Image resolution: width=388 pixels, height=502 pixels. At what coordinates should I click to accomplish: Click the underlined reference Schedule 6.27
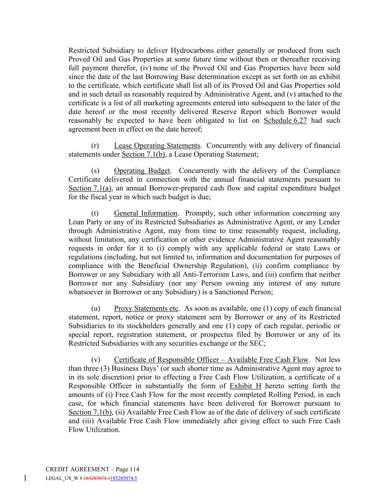point(285,121)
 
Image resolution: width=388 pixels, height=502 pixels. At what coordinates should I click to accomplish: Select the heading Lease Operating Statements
point(157,146)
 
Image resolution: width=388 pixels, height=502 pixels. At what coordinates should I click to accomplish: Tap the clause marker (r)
point(95,146)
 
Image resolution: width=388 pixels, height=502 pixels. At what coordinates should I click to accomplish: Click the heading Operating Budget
point(142,171)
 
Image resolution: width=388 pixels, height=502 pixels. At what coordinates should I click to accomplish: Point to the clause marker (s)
point(95,171)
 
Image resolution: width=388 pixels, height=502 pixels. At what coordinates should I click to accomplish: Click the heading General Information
point(146,213)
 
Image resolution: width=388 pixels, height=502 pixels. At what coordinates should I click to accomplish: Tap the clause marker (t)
point(95,213)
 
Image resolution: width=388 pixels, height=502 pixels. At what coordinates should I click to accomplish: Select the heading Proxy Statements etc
point(146,309)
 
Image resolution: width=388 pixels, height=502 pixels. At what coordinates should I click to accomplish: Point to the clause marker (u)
point(95,309)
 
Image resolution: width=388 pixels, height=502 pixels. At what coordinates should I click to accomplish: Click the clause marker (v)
point(95,360)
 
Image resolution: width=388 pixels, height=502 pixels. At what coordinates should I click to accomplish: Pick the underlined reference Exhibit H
point(245,386)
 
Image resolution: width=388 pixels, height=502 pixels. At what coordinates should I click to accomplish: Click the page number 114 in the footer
point(134,469)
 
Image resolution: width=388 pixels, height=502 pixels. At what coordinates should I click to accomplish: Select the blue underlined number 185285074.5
point(124,478)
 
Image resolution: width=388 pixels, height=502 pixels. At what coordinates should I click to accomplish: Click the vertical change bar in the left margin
point(25,478)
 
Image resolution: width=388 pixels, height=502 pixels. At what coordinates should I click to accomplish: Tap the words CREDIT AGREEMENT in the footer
point(77,469)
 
